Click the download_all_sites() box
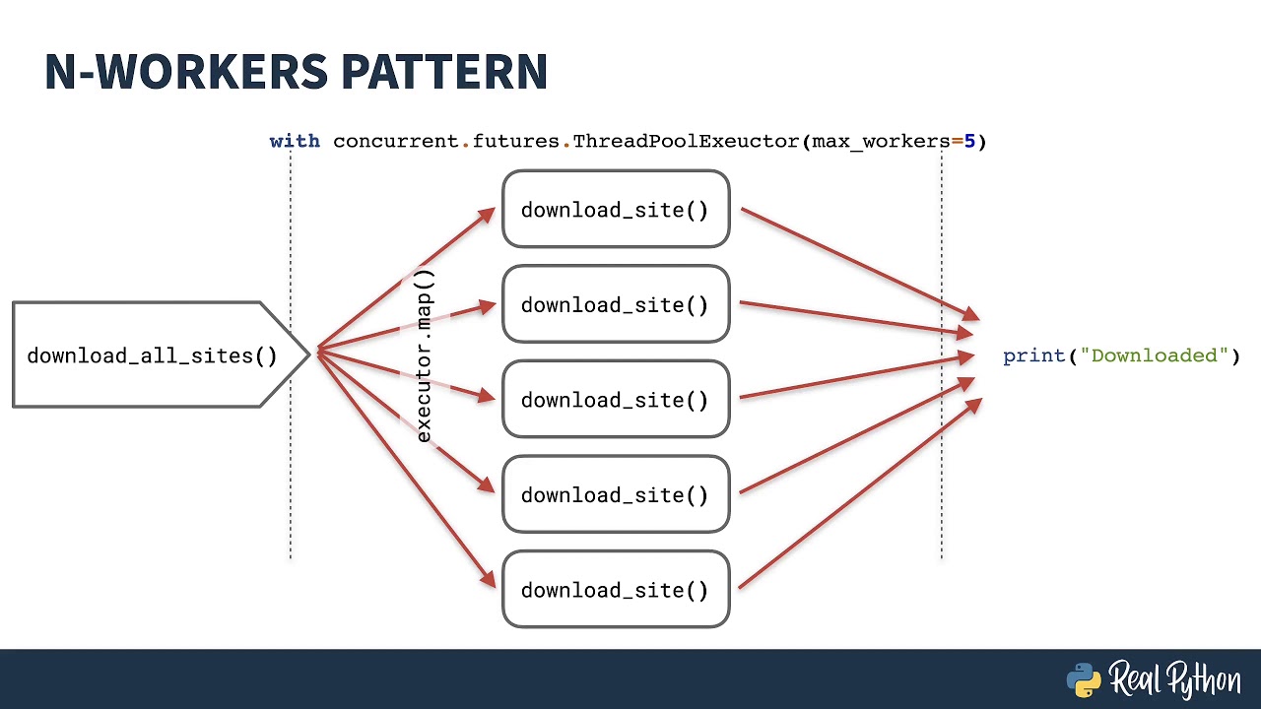pos(148,355)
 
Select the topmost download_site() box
pos(616,210)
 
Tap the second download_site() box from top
pos(616,304)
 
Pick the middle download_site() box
pos(616,400)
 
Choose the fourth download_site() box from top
pos(616,494)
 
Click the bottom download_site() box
pos(616,589)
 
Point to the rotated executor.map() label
pos(425,355)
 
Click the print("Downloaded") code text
pos(1121,355)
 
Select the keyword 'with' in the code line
pos(295,141)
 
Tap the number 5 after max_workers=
pos(969,141)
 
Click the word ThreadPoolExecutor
pos(686,141)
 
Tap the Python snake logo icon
pos(1084,679)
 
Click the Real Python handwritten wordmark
pos(1175,679)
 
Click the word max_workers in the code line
pos(881,141)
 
